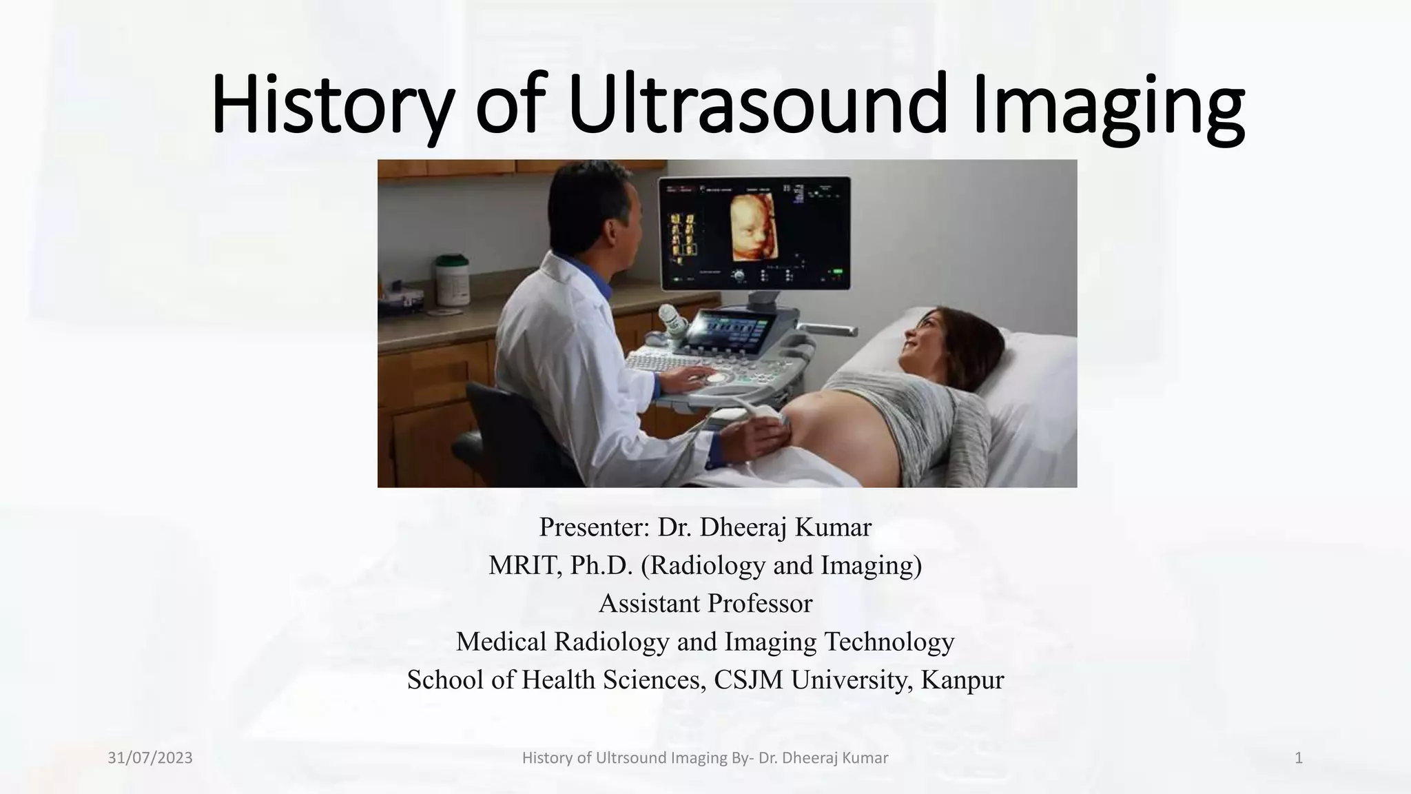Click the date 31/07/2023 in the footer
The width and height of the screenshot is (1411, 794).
coord(150,758)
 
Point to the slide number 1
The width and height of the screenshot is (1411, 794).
coord(1299,758)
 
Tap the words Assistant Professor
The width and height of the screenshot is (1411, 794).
coord(705,604)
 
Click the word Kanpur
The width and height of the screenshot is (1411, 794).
coord(962,680)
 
